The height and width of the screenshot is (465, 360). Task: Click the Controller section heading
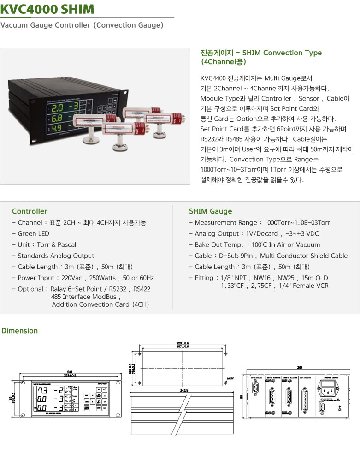pyautogui.click(x=30, y=211)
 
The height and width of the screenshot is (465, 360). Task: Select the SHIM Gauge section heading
pyautogui.click(x=210, y=211)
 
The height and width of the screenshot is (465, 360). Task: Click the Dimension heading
pyautogui.click(x=20, y=331)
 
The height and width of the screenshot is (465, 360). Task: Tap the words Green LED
pyautogui.click(x=33, y=233)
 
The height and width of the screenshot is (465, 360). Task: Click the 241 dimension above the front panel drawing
pyautogui.click(x=70, y=372)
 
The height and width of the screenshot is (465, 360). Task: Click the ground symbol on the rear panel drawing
pyautogui.click(x=340, y=406)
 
